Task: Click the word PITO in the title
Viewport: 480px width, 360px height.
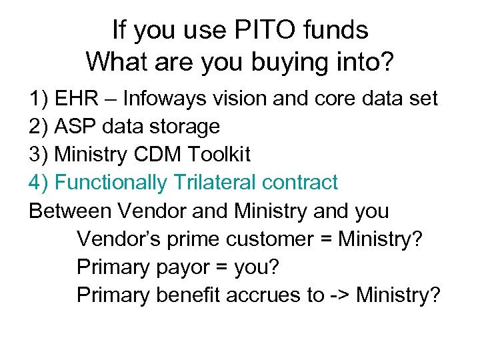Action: tap(259, 30)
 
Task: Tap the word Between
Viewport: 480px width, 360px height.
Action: tap(71, 211)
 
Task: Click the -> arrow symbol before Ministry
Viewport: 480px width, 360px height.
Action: tap(339, 295)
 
